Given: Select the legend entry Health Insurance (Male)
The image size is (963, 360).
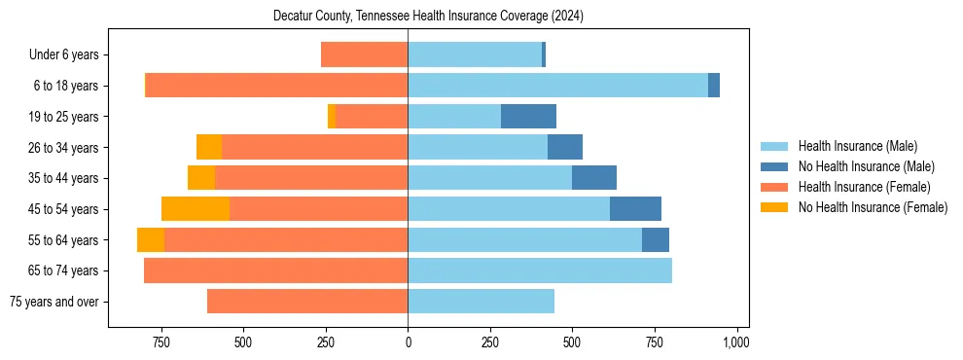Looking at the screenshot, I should pos(857,146).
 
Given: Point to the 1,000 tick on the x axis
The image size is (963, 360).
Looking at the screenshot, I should pos(736,342).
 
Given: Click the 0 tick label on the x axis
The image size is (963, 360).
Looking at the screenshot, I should pos(408,342).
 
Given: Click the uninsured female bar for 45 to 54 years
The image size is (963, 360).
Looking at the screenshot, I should pos(196,209).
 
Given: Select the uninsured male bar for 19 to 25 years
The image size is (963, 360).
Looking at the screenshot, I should pos(528,117).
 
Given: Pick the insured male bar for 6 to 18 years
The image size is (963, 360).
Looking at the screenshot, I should pos(557,86).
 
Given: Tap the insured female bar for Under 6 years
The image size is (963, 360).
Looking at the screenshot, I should pos(364,54).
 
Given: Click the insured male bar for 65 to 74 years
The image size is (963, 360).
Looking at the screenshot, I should pos(540,270).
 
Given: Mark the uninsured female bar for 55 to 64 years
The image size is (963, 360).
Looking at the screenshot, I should pos(151,240).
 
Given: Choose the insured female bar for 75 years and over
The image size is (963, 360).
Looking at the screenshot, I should pos(307,302).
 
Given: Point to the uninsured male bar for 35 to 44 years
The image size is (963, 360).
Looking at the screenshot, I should pos(594,178).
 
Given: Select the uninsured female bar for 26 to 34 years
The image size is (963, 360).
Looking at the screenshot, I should pos(209,147).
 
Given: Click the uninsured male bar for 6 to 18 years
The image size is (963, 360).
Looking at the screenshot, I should pos(714,86).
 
